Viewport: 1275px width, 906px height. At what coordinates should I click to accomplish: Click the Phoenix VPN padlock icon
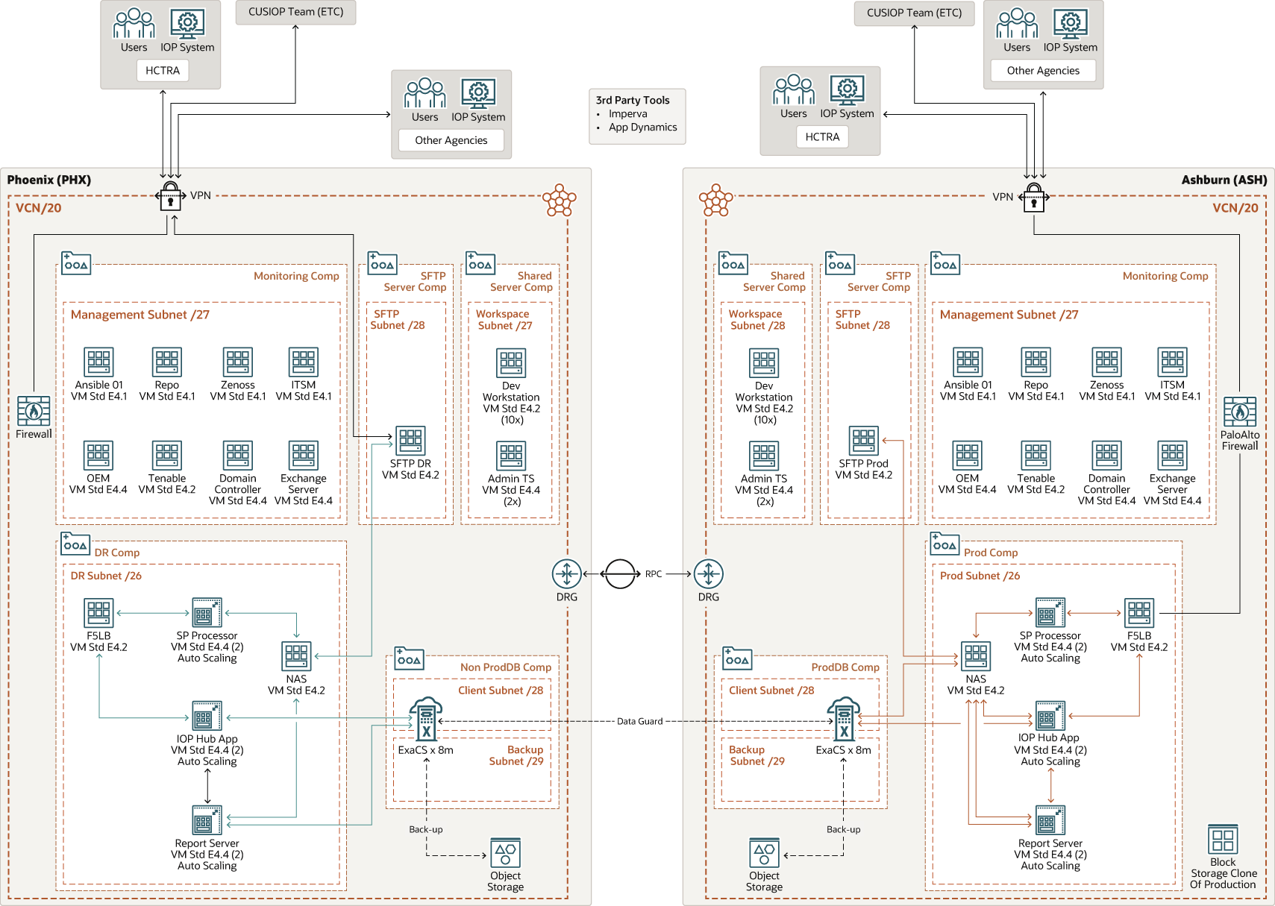[x=171, y=196]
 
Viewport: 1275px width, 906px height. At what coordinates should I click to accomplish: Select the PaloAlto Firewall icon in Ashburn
[x=1239, y=412]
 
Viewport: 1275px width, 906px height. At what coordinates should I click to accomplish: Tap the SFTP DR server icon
[x=410, y=441]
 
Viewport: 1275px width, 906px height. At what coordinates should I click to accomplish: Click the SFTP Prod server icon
[x=863, y=441]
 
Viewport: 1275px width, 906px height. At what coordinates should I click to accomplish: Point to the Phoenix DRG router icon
[x=566, y=574]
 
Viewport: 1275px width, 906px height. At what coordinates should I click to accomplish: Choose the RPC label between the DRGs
[x=654, y=574]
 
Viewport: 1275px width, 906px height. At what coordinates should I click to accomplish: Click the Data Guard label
[x=639, y=721]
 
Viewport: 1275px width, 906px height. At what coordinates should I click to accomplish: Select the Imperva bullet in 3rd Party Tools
[x=627, y=114]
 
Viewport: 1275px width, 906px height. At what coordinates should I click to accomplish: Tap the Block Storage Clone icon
[x=1223, y=840]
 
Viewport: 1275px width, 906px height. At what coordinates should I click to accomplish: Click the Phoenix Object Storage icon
[x=505, y=853]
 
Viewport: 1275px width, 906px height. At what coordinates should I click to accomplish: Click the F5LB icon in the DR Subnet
[x=98, y=614]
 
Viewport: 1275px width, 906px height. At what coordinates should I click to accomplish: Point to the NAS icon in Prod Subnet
[x=975, y=657]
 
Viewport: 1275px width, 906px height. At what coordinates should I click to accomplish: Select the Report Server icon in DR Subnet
[x=207, y=820]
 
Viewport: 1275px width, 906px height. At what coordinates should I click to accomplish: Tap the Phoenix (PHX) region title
[x=49, y=180]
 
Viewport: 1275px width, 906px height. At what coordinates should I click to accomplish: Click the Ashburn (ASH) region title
[x=1224, y=180]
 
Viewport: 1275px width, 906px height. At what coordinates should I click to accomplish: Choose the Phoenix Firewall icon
[x=34, y=411]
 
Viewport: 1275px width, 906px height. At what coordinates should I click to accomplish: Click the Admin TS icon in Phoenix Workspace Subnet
[x=511, y=456]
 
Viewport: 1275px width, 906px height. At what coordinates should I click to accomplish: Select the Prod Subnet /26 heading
[x=979, y=576]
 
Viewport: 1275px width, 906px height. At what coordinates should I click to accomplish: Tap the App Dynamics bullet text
[x=642, y=128]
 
